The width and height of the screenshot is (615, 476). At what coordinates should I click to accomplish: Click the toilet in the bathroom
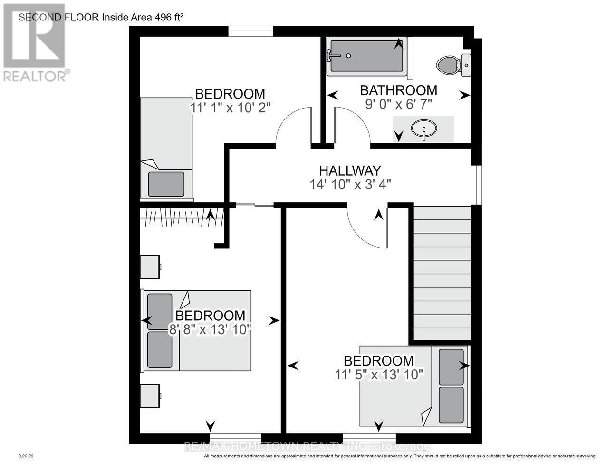click(x=448, y=64)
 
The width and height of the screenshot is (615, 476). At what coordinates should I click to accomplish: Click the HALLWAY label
click(x=350, y=170)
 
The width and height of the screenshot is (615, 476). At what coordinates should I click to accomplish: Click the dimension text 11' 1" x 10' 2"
click(x=230, y=108)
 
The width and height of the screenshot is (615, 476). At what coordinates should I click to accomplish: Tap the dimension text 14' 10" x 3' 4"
click(x=350, y=184)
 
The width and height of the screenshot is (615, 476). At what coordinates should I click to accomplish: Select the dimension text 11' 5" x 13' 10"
click(x=379, y=375)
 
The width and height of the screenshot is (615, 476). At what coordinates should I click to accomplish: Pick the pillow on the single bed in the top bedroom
click(x=166, y=184)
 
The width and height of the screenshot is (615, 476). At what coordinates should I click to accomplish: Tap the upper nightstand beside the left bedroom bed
click(x=151, y=267)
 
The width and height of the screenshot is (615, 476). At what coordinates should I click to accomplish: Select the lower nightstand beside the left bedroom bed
click(x=151, y=396)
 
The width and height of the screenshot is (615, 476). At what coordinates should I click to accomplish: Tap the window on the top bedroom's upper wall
click(x=250, y=31)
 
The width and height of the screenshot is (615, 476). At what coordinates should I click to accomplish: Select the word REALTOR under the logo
click(x=34, y=76)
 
